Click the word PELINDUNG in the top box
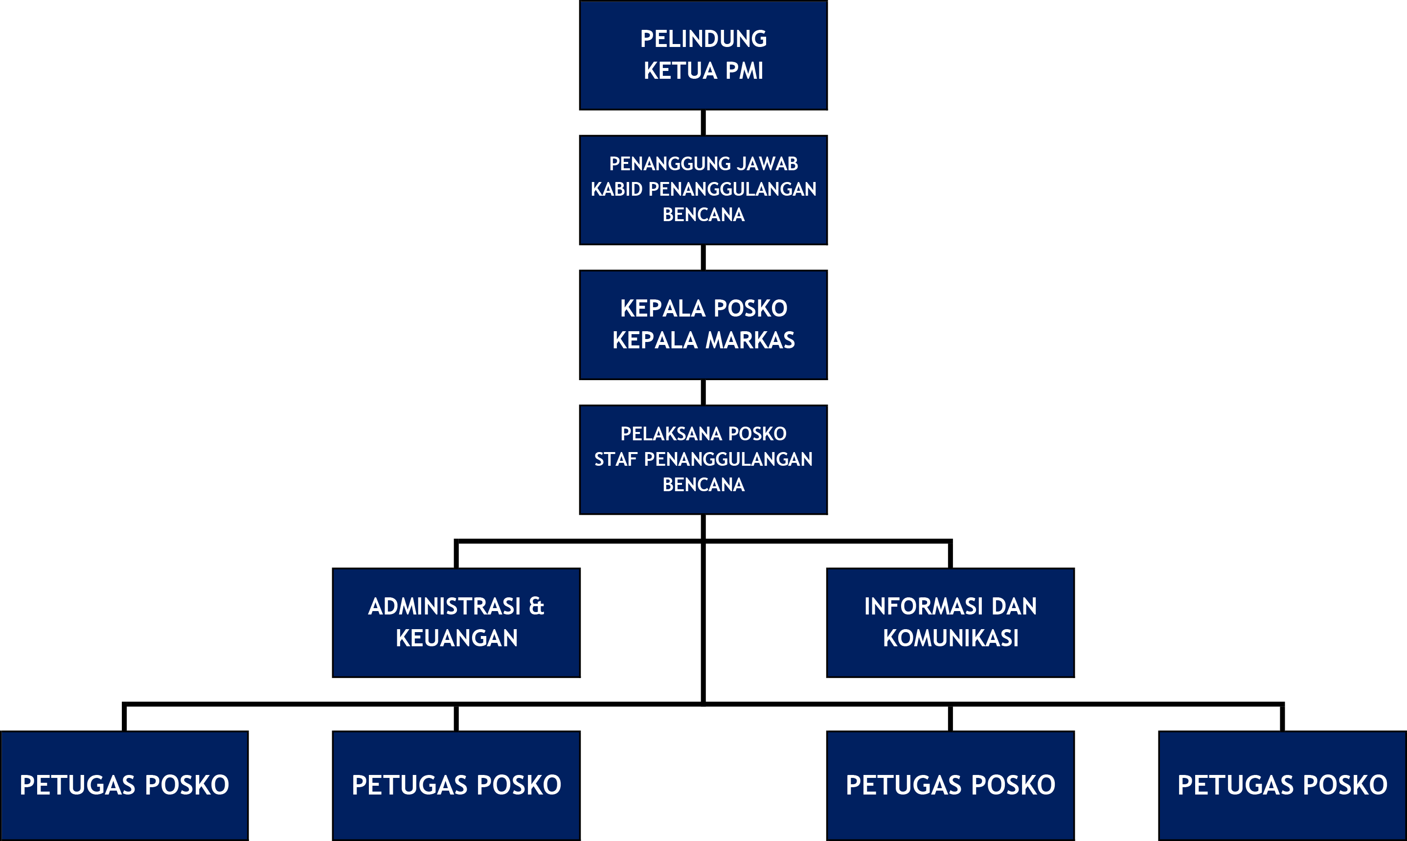coord(703,39)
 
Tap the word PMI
coord(744,71)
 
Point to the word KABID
coord(616,189)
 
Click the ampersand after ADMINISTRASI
coord(536,606)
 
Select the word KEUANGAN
coord(457,638)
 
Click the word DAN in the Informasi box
coord(1014,606)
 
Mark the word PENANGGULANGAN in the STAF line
coord(728,459)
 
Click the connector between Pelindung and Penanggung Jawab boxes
coord(703,122)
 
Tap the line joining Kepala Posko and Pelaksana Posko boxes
coord(703,392)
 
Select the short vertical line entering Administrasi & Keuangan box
coord(456,555)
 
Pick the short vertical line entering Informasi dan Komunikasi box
coord(950,555)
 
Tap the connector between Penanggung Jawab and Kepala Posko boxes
coord(703,257)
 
